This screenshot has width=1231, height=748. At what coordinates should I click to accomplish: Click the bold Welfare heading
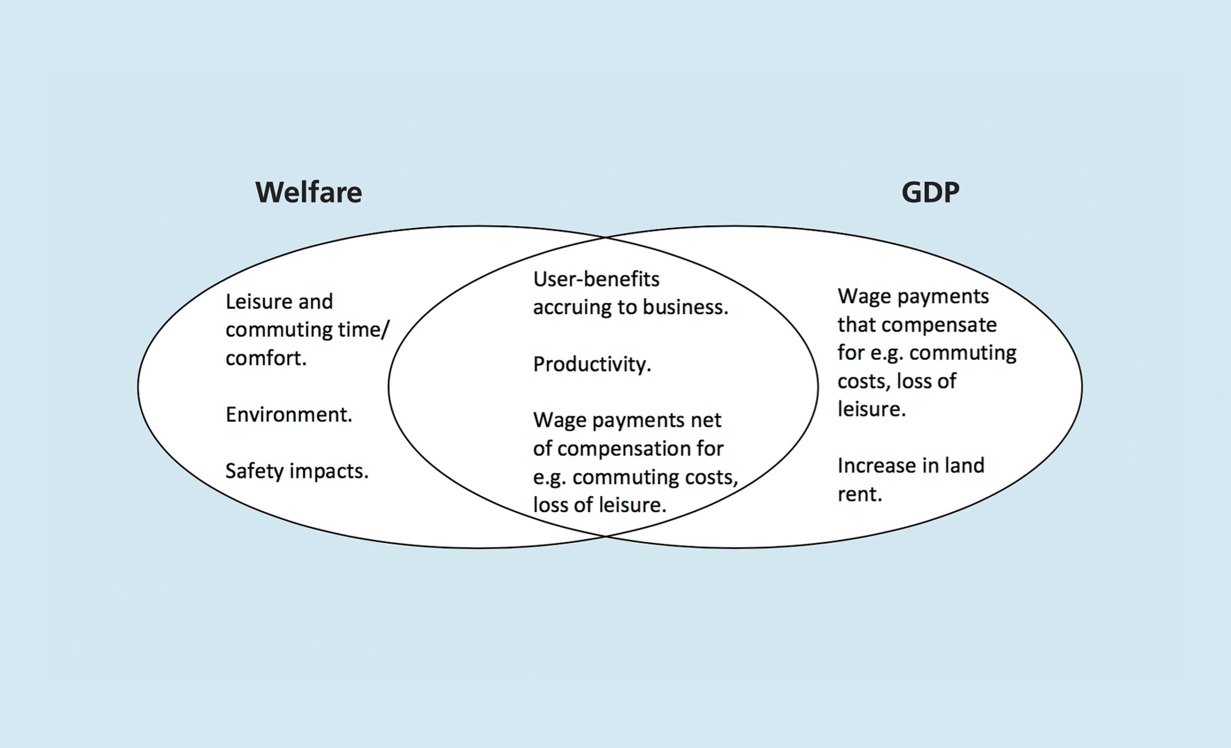[x=309, y=192]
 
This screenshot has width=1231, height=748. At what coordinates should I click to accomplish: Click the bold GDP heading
[x=930, y=192]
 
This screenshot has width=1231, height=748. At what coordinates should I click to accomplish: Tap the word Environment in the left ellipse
[x=288, y=415]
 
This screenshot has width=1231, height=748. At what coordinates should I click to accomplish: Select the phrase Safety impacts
[x=297, y=471]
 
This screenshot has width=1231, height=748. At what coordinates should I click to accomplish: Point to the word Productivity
[x=592, y=365]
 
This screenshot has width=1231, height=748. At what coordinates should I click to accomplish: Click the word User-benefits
[x=596, y=279]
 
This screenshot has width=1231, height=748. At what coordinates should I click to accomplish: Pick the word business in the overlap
[x=685, y=307]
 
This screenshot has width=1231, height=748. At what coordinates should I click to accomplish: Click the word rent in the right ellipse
[x=859, y=494]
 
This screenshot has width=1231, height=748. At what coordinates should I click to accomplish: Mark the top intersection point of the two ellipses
[x=605, y=237]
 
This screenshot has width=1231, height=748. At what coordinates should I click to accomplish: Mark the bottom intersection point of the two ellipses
[x=605, y=536]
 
